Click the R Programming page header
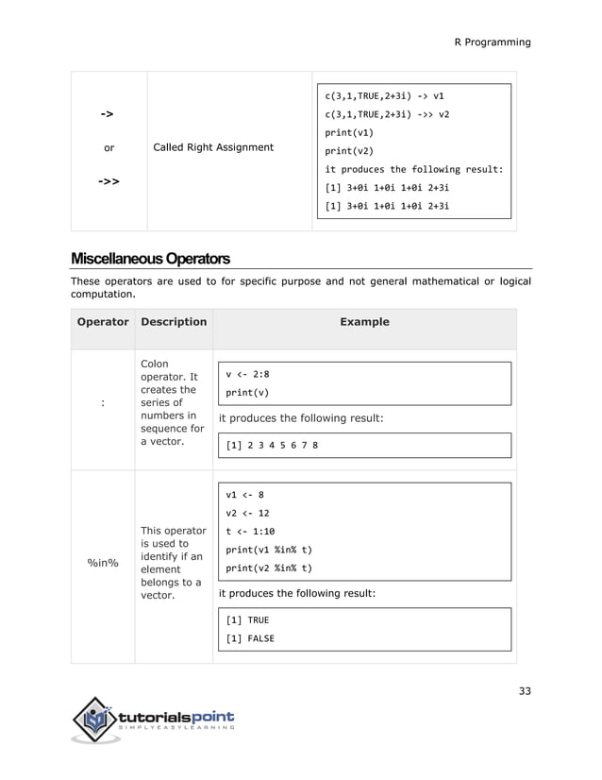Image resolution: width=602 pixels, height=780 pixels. pos(493,42)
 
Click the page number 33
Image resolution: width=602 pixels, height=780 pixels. pos(525,690)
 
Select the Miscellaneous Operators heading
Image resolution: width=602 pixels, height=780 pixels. pos(150,258)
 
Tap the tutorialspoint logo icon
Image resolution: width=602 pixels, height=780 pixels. pos(94,721)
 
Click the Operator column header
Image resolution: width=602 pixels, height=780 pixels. pos(102,322)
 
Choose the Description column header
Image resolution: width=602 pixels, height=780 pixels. pos(174,322)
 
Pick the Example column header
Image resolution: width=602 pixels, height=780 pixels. pos(364,322)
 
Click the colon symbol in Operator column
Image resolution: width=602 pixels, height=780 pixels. pos(102,403)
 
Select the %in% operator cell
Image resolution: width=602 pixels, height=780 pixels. pos(102,563)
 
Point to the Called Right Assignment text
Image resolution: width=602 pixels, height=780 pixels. pos(213,147)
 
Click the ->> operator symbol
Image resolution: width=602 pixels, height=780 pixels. pos(109,180)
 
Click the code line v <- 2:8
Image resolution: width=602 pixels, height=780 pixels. pos(248,373)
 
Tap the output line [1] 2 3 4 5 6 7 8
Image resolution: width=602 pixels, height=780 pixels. pos(272,445)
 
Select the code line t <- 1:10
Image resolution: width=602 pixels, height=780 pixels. pos(250,531)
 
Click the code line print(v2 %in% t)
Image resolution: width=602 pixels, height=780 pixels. pos(269,568)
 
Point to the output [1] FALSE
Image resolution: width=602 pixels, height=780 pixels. pos(250,638)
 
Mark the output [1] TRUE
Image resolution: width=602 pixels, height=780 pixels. pos(247,620)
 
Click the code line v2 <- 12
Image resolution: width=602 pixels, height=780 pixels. pos(248,513)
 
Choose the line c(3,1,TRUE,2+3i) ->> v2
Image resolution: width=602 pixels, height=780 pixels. pos(387,114)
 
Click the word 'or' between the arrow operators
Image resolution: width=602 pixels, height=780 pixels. pos(109,147)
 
